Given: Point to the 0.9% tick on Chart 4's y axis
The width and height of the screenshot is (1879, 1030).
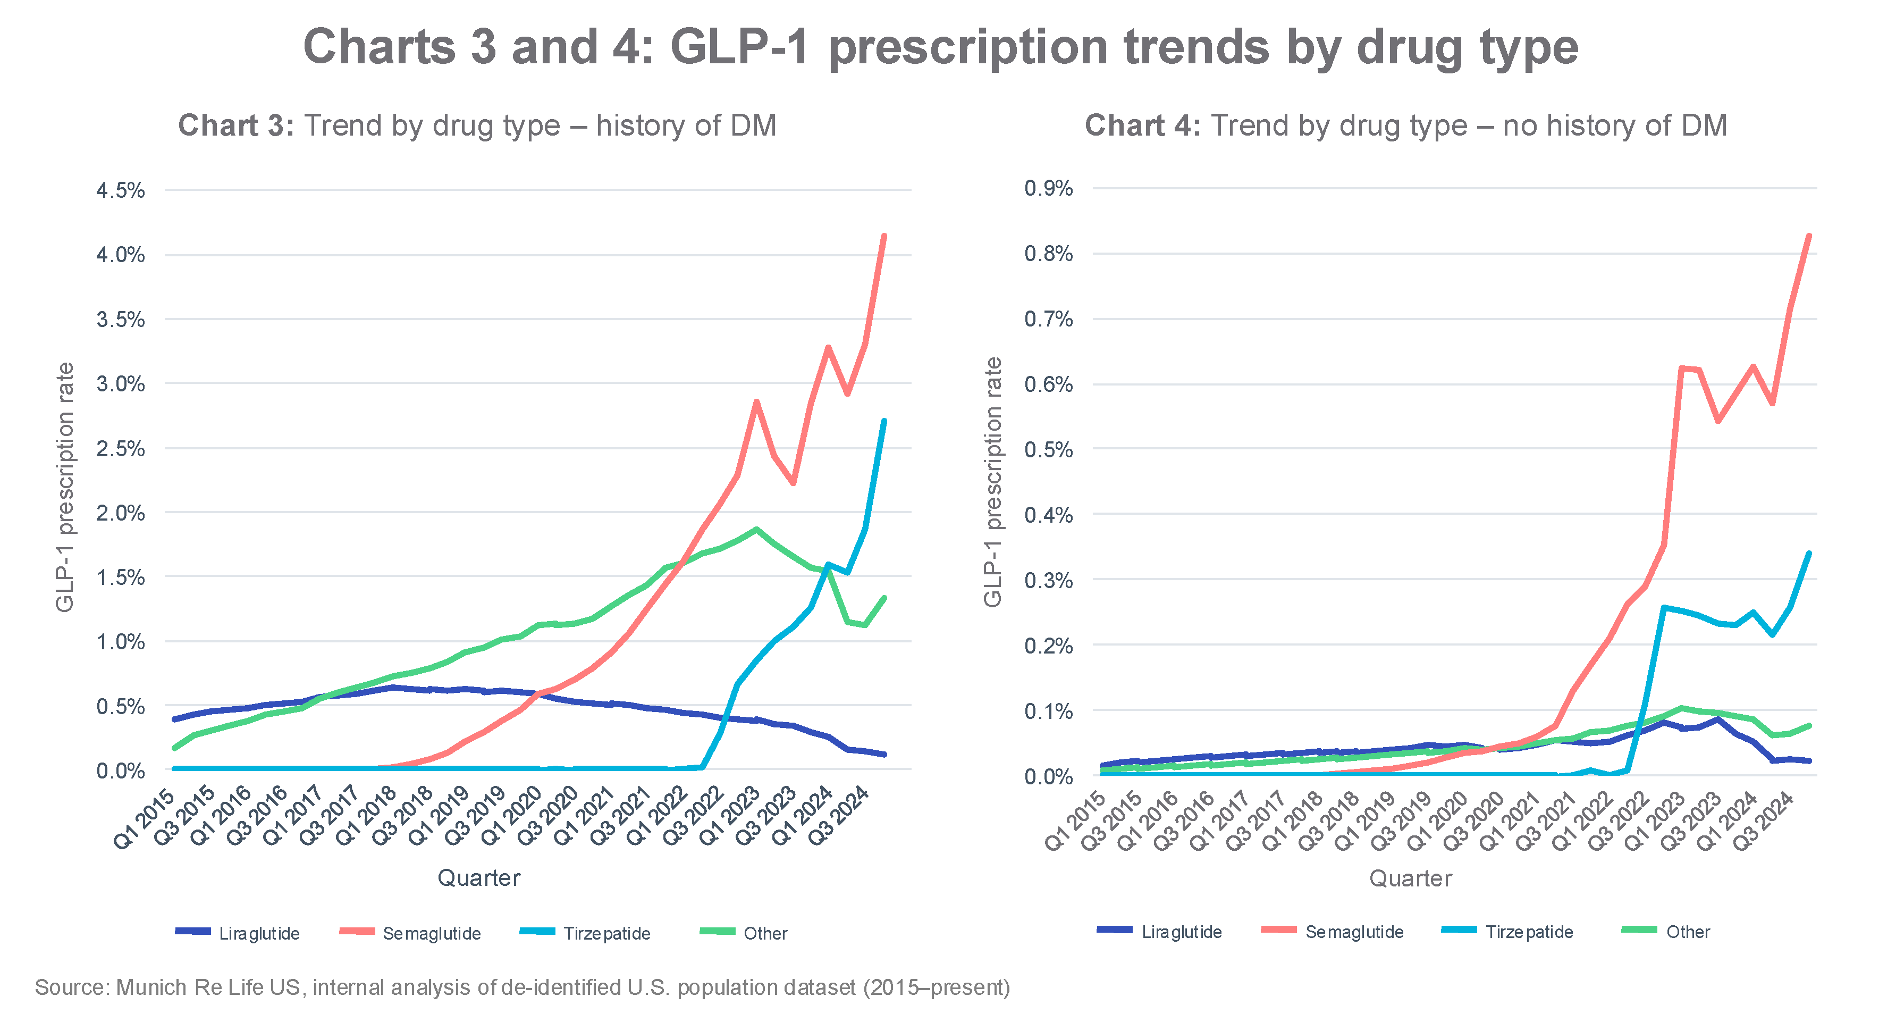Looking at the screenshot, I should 1048,188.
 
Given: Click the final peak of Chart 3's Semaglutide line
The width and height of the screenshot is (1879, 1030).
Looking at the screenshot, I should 884,236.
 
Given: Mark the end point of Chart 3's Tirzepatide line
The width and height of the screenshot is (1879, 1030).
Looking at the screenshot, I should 884,421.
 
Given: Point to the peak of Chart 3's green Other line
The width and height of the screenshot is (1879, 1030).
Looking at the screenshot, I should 756,530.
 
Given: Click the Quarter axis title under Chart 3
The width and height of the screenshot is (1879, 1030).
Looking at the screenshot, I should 478,877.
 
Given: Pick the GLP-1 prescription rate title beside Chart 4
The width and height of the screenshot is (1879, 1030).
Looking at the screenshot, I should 993,481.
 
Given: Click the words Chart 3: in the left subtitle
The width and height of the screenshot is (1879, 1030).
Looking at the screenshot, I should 235,125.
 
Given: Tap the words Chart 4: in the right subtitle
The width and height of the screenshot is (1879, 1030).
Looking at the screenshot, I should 1142,125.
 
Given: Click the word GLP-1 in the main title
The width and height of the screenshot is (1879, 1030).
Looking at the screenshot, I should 739,47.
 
